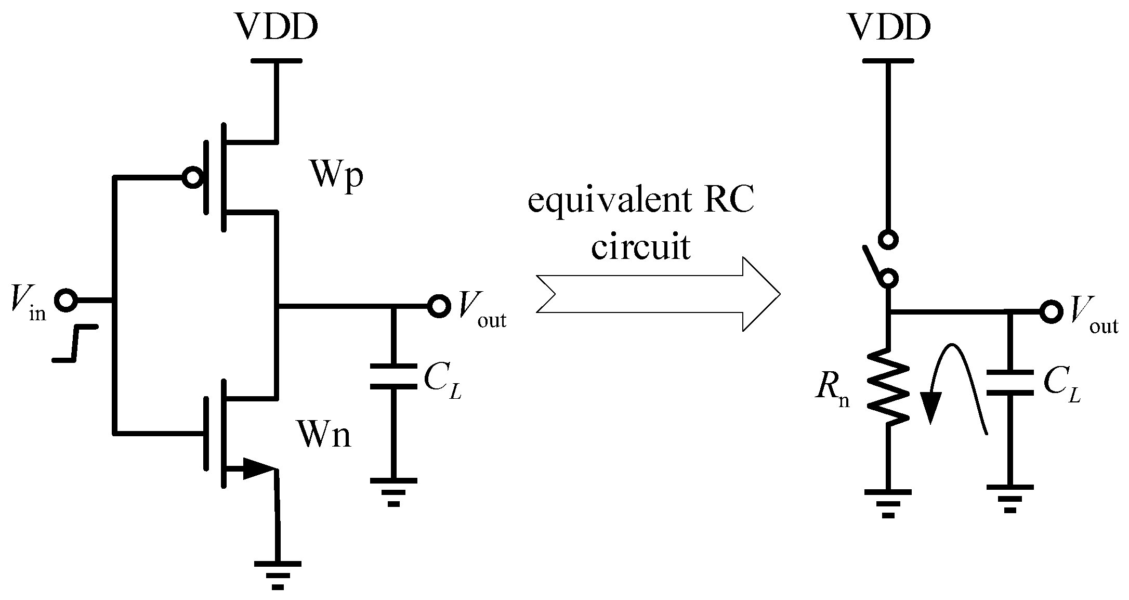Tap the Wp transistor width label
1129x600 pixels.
pyautogui.click(x=336, y=176)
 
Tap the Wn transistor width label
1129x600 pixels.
pyautogui.click(x=324, y=435)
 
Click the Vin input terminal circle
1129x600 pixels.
pyautogui.click(x=67, y=301)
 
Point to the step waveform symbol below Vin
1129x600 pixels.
pyautogui.click(x=76, y=343)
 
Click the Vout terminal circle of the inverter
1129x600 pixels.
pyautogui.click(x=439, y=306)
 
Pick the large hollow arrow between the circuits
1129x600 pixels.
pyautogui.click(x=658, y=294)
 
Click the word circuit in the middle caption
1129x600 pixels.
pyautogui.click(x=641, y=246)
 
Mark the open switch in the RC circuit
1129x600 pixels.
pyautogui.click(x=884, y=260)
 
